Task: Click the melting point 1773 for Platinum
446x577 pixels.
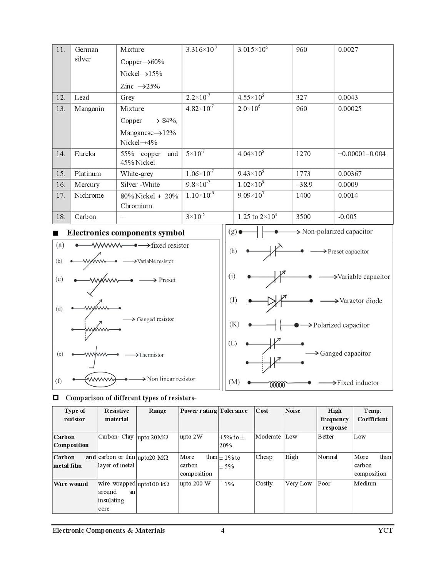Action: pyautogui.click(x=303, y=174)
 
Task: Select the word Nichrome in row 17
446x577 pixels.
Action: pyautogui.click(x=89, y=195)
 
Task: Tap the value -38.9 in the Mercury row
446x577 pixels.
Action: pyautogui.click(x=304, y=185)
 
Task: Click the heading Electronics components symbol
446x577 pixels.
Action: pyautogui.click(x=125, y=233)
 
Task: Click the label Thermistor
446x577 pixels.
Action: pyautogui.click(x=151, y=355)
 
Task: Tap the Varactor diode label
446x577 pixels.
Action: pyautogui.click(x=361, y=301)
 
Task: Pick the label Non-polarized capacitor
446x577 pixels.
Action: pyautogui.click(x=337, y=232)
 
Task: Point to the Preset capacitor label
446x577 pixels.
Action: pyautogui.click(x=348, y=252)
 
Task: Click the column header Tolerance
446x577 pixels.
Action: pyautogui.click(x=234, y=411)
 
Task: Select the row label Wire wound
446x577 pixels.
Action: pyautogui.click(x=71, y=484)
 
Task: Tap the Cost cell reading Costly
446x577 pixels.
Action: pyautogui.click(x=264, y=484)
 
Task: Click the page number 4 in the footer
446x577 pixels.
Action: pyautogui.click(x=223, y=530)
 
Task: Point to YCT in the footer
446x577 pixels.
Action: pyautogui.click(x=385, y=530)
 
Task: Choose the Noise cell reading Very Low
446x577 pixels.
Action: pyautogui.click(x=298, y=484)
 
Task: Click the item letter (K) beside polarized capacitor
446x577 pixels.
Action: pyautogui.click(x=234, y=324)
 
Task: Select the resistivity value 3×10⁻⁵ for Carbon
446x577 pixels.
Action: pyautogui.click(x=195, y=217)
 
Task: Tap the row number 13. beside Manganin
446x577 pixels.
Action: pyautogui.click(x=60, y=109)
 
